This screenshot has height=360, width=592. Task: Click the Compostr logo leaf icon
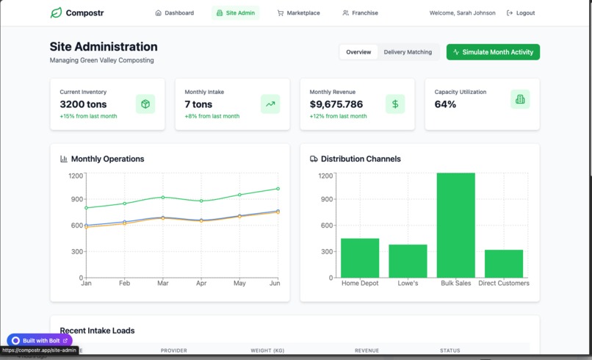tap(56, 12)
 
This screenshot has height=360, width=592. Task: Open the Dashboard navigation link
tap(175, 13)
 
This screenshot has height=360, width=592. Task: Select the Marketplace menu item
tap(298, 13)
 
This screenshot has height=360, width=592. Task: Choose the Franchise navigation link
tap(360, 13)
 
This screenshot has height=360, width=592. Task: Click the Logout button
tap(521, 13)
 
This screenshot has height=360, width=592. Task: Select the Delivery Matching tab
tap(408, 52)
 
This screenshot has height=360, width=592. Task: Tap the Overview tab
tap(358, 52)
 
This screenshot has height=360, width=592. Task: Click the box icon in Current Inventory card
tap(145, 104)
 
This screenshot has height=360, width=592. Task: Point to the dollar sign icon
tap(395, 104)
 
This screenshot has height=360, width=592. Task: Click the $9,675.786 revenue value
tap(336, 104)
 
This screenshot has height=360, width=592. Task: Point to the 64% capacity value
tap(445, 104)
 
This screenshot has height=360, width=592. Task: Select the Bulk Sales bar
tap(456, 225)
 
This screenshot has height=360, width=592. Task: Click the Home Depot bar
tap(360, 258)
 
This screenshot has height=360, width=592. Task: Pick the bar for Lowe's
tap(408, 261)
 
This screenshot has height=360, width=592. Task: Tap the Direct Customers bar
tap(504, 264)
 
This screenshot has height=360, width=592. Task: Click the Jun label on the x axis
tap(275, 284)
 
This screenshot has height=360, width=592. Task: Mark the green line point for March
tap(162, 197)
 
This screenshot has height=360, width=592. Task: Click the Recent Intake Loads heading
tap(97, 331)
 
